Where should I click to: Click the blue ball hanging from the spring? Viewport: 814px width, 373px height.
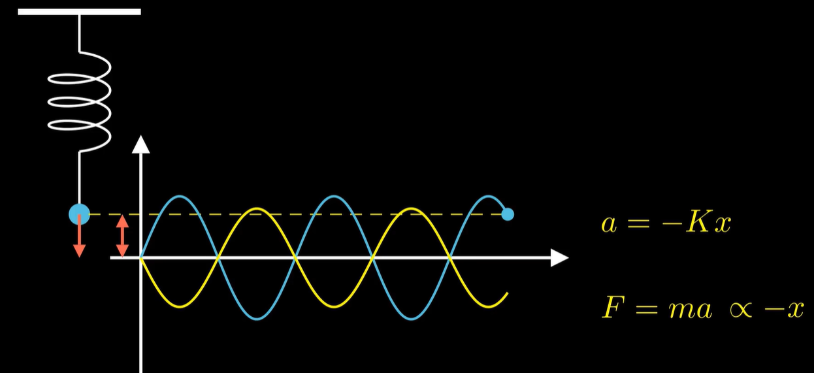(79, 214)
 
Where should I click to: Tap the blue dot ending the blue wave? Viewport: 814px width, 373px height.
(508, 214)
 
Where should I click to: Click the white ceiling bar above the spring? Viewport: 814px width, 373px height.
(79, 12)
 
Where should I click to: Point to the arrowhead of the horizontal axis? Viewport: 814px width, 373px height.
(560, 257)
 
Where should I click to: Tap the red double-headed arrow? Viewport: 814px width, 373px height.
(122, 236)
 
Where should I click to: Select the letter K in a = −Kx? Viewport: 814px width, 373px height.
(699, 223)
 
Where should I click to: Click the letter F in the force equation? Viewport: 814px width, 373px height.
(611, 308)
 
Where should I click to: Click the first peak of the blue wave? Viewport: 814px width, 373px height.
(180, 197)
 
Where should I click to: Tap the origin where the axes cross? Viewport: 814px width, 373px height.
(140, 257)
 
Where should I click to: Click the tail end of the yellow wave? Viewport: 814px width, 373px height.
(507, 293)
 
